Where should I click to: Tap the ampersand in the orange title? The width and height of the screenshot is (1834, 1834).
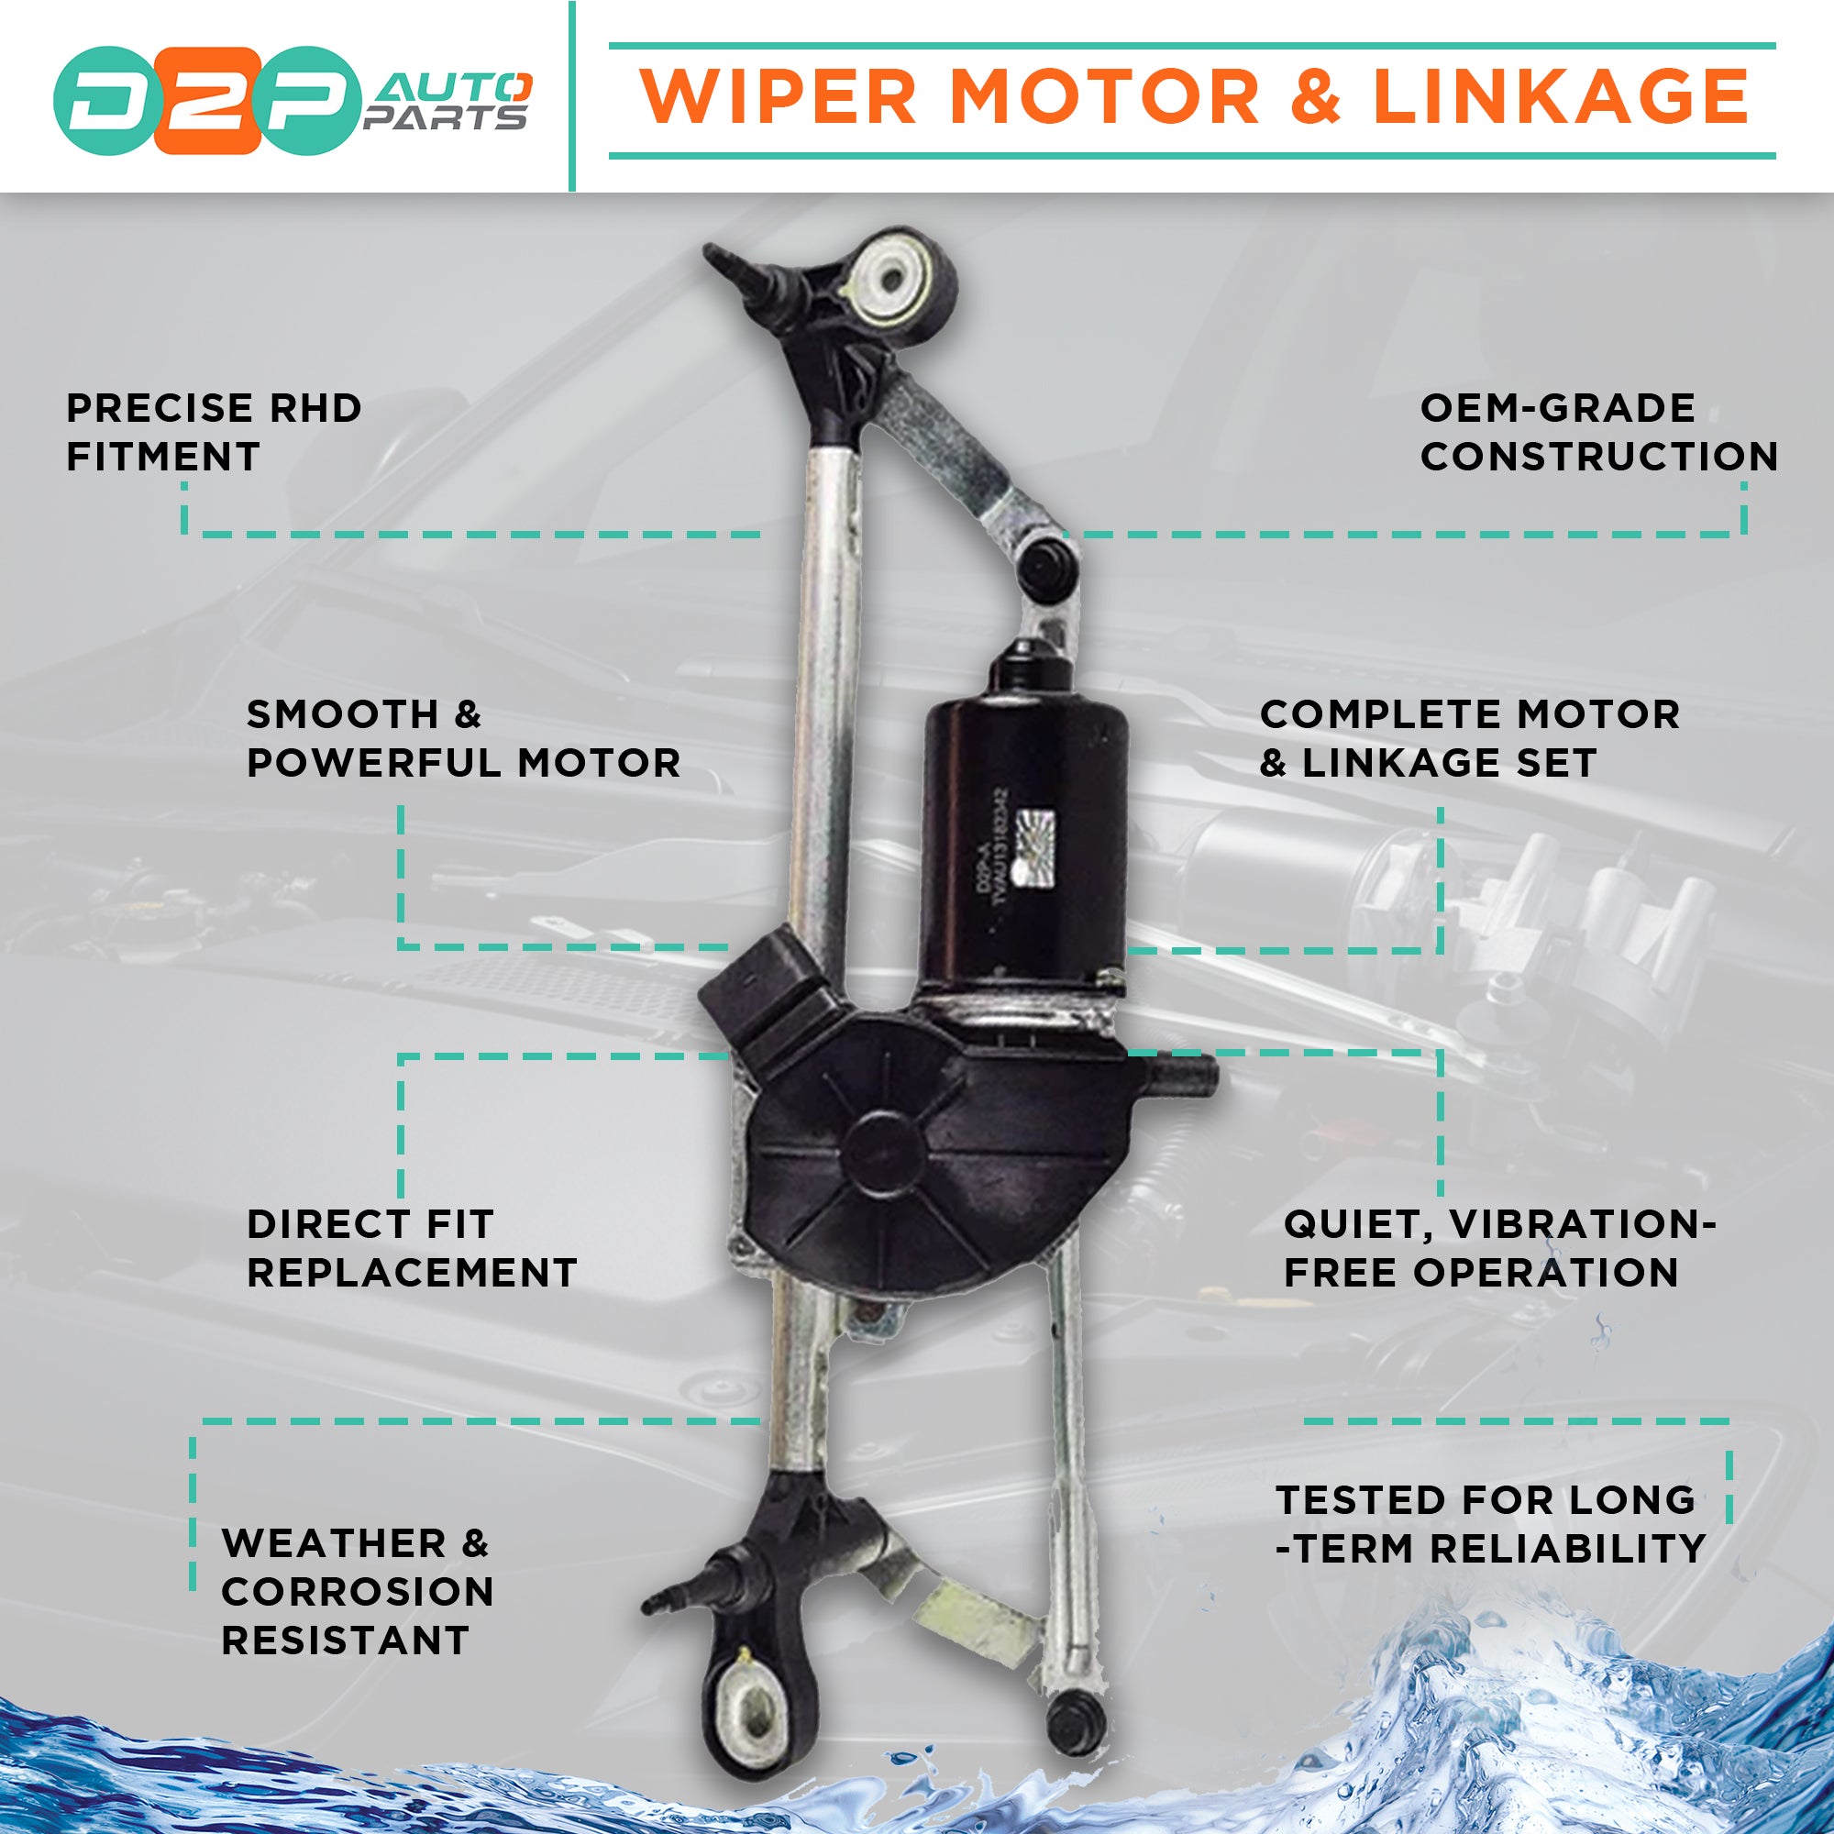[x=1316, y=97]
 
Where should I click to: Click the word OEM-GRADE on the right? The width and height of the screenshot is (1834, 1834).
[x=1557, y=409]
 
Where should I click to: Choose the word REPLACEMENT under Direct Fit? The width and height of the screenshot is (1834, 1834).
[x=412, y=1273]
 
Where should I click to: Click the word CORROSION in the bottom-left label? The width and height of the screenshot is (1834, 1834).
[x=358, y=1592]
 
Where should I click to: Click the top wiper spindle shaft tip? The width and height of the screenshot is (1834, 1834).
[x=718, y=257]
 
